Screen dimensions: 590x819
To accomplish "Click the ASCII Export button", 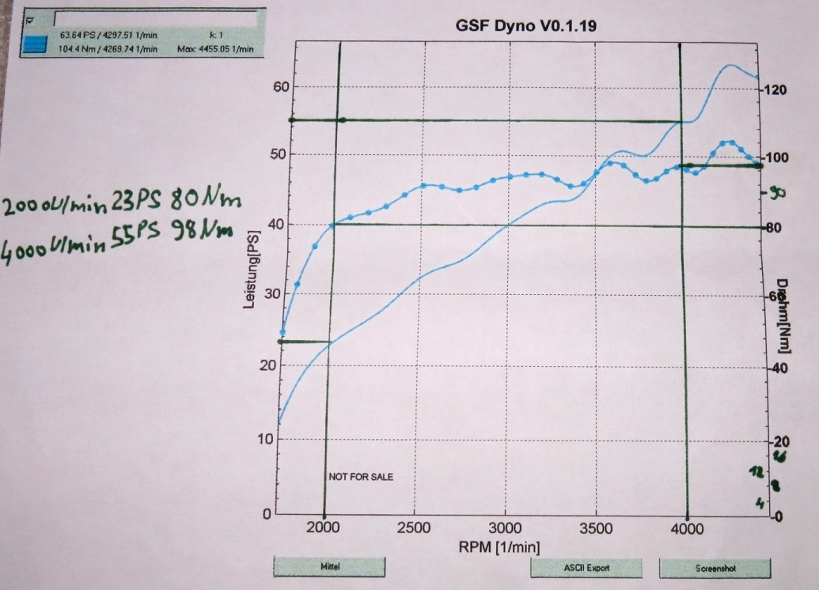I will pos(586,568).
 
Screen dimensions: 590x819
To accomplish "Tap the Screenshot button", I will pos(715,568).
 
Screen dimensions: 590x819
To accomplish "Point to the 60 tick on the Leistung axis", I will pos(281,87).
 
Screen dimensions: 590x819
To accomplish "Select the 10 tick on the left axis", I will pos(281,440).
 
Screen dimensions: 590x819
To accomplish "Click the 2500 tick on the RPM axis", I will pos(415,528).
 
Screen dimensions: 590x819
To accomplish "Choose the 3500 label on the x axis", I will pos(597,528).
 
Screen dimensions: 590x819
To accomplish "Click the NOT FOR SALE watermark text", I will pos(361,477).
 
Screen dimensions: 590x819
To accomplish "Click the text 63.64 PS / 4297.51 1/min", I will pos(109,35).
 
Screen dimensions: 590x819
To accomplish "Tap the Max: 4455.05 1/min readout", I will pos(215,49).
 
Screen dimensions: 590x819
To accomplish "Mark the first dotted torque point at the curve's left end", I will pos(282,333).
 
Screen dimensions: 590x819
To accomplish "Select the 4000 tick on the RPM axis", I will pos(688,528).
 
